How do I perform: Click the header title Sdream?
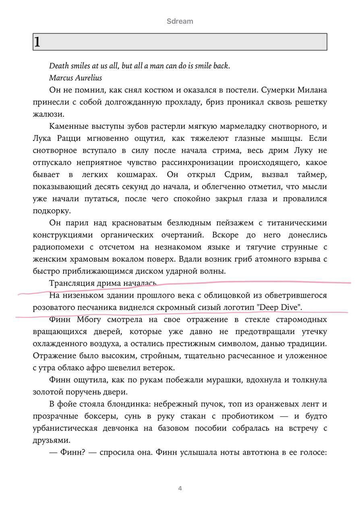point(180,21)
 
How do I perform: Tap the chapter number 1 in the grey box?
point(37,42)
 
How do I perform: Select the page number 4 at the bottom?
point(180,488)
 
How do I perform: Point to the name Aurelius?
point(88,78)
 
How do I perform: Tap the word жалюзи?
point(48,114)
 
